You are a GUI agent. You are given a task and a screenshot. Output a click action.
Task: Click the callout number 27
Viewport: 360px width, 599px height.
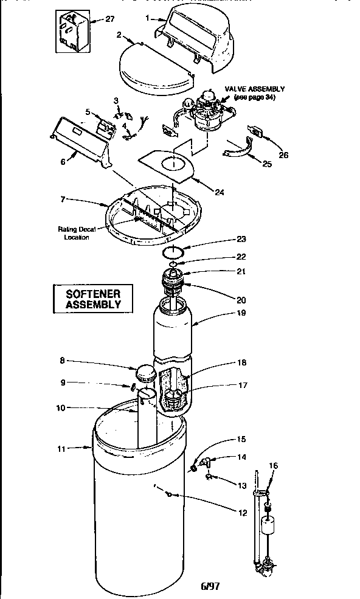pos(109,19)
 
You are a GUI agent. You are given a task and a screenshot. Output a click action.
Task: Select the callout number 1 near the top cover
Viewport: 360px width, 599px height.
pos(148,18)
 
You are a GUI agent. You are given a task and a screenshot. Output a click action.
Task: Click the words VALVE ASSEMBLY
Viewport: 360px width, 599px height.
pos(255,89)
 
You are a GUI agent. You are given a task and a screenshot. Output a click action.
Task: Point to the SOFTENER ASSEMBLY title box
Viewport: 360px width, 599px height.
pos(93,298)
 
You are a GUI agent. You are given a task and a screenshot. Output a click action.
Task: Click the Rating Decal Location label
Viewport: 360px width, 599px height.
pos(77,233)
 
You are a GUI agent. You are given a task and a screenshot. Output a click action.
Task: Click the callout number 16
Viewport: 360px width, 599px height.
pos(274,466)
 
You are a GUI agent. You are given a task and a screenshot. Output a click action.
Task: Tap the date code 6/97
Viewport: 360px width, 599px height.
pos(209,587)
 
